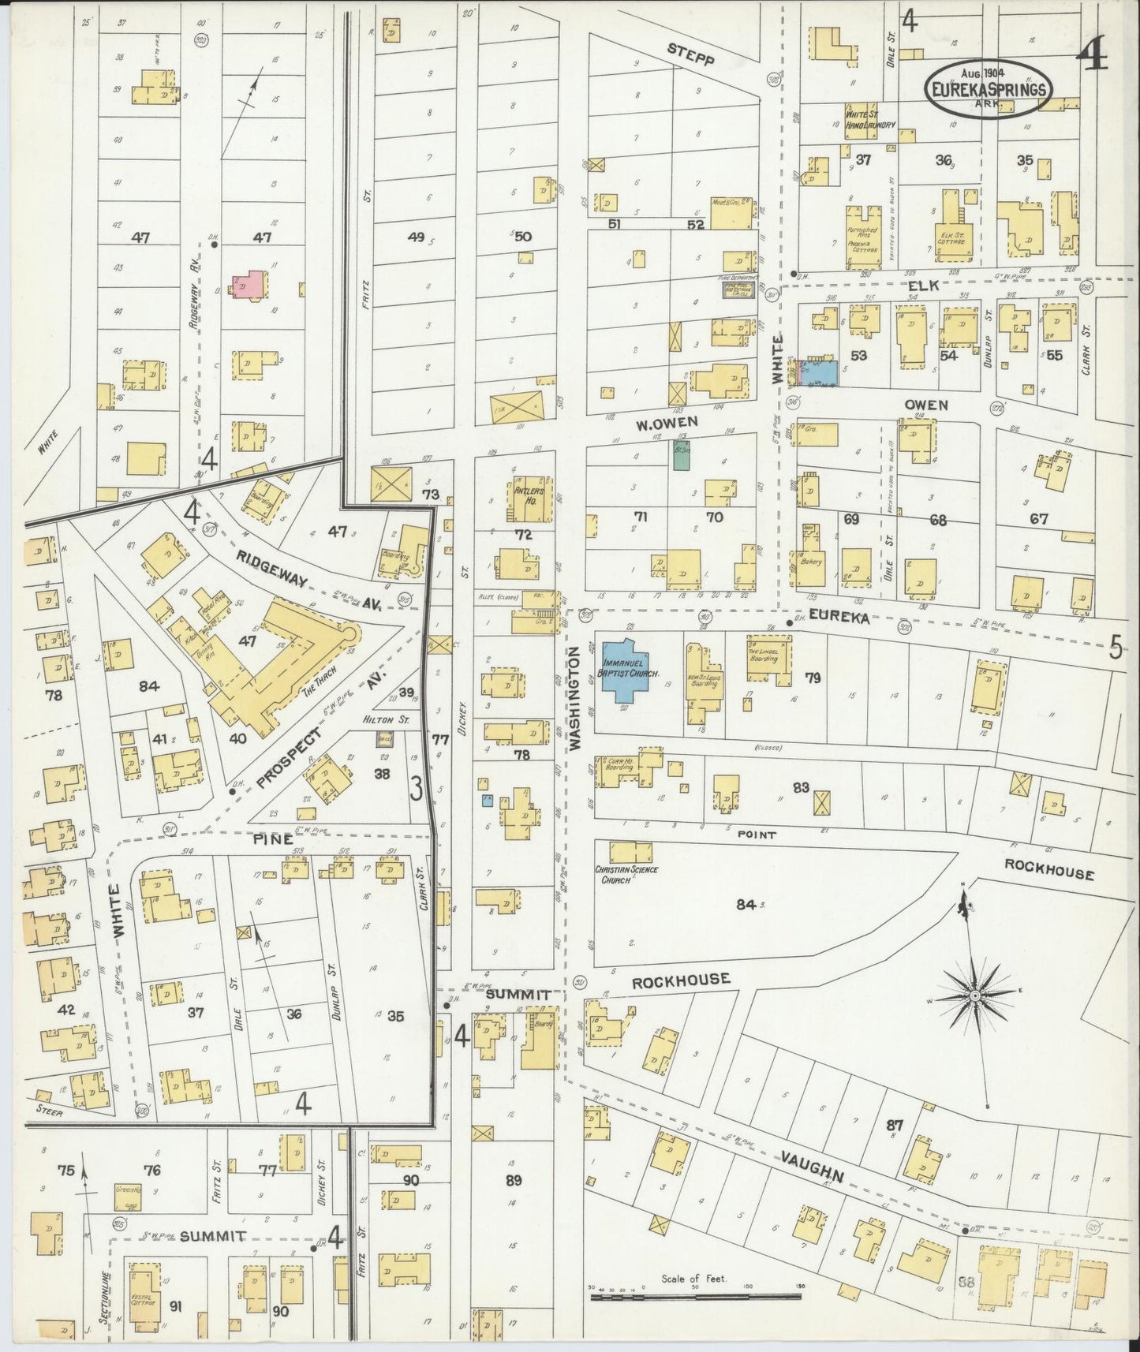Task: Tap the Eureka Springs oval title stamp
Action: [989, 88]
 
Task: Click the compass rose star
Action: [976, 996]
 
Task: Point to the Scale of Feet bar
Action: [696, 1295]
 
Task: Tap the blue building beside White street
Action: [817, 372]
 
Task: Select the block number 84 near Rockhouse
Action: [746, 904]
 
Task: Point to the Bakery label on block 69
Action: [811, 562]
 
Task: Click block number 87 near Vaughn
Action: [893, 1126]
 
